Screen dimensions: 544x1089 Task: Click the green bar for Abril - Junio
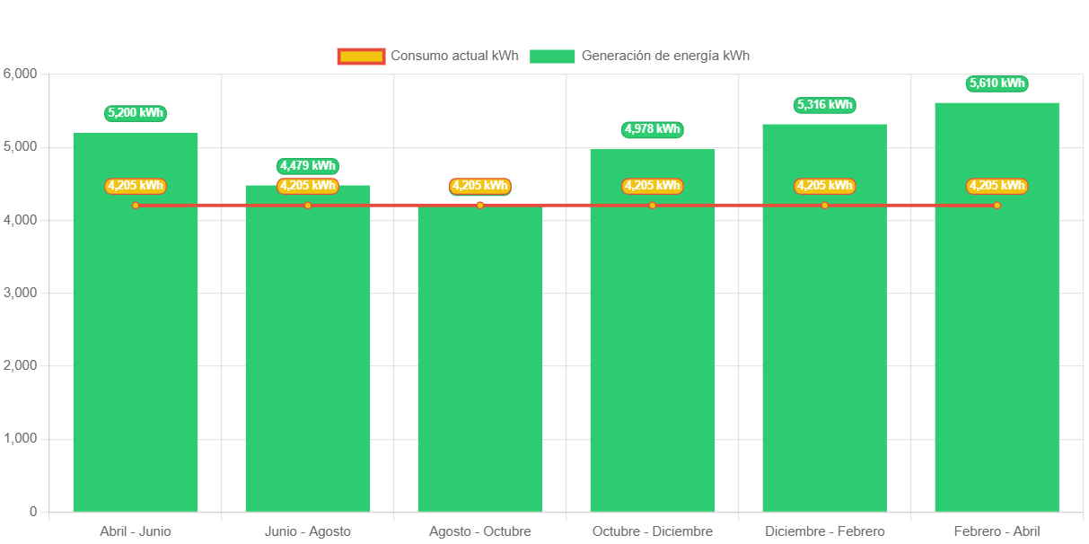(x=136, y=359)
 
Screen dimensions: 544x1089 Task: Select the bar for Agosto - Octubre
(x=480, y=359)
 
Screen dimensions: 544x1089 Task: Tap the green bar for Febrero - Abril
(x=997, y=359)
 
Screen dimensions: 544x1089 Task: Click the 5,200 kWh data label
(x=136, y=113)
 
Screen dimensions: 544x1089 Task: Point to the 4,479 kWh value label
(x=308, y=166)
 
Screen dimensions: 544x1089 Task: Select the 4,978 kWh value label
(x=653, y=130)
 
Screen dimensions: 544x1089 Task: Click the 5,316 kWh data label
(x=824, y=105)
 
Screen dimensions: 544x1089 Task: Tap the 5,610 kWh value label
(x=997, y=83)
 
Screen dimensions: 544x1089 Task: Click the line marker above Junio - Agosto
(x=308, y=206)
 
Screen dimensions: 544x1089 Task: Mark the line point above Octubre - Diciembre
(x=653, y=206)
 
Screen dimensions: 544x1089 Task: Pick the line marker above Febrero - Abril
(x=997, y=206)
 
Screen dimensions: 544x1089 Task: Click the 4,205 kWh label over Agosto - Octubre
(x=480, y=186)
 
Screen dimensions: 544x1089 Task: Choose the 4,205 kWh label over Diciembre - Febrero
(x=824, y=186)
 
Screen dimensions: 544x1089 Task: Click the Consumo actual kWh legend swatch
(x=361, y=56)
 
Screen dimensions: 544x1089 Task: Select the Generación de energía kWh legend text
(x=665, y=56)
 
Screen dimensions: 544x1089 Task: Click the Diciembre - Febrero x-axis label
(x=824, y=531)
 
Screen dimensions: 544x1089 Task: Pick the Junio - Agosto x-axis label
(x=308, y=531)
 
